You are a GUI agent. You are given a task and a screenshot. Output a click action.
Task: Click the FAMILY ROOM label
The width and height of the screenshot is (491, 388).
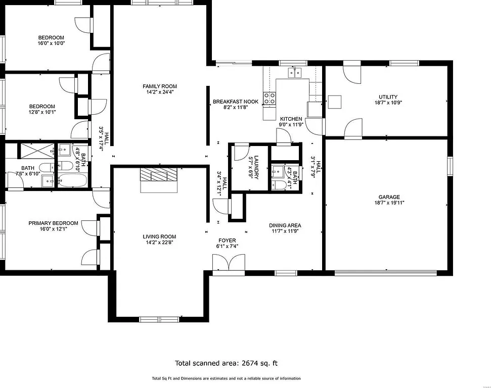coord(159,86)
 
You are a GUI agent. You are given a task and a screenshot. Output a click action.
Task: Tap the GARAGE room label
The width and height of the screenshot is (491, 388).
coord(389,197)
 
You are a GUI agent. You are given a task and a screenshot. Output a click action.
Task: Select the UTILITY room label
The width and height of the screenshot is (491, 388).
coord(388,97)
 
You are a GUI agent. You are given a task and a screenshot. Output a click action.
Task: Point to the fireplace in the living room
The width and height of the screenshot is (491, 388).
coord(159,175)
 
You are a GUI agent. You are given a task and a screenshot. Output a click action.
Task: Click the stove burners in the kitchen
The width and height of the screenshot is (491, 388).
coord(270,98)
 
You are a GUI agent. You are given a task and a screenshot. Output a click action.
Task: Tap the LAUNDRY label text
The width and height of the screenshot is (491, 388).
coord(256,167)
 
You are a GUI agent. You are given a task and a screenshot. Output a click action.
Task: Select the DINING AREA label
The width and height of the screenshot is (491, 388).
coord(285,225)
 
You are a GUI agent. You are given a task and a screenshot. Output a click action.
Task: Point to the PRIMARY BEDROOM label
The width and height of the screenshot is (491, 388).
coord(53,223)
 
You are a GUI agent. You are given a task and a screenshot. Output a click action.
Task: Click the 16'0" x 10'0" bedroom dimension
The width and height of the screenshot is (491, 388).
coord(51,43)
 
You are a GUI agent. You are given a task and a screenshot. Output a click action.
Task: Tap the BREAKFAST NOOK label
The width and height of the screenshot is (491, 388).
coord(235,102)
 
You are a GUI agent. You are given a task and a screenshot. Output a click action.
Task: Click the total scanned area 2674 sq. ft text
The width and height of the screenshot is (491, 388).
coord(226,363)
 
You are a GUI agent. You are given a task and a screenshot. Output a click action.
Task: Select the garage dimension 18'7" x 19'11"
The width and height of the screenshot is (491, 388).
coord(389,203)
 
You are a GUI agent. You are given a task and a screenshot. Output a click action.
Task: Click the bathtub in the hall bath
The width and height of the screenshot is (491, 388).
coord(72,179)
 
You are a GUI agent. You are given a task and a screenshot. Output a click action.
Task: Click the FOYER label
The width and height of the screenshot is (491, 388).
coord(228,240)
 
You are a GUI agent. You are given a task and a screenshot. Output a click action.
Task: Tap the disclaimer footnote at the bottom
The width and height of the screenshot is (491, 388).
coord(226,378)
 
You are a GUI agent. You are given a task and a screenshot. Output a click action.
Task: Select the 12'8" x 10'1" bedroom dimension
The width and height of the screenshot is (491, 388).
coord(42,112)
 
